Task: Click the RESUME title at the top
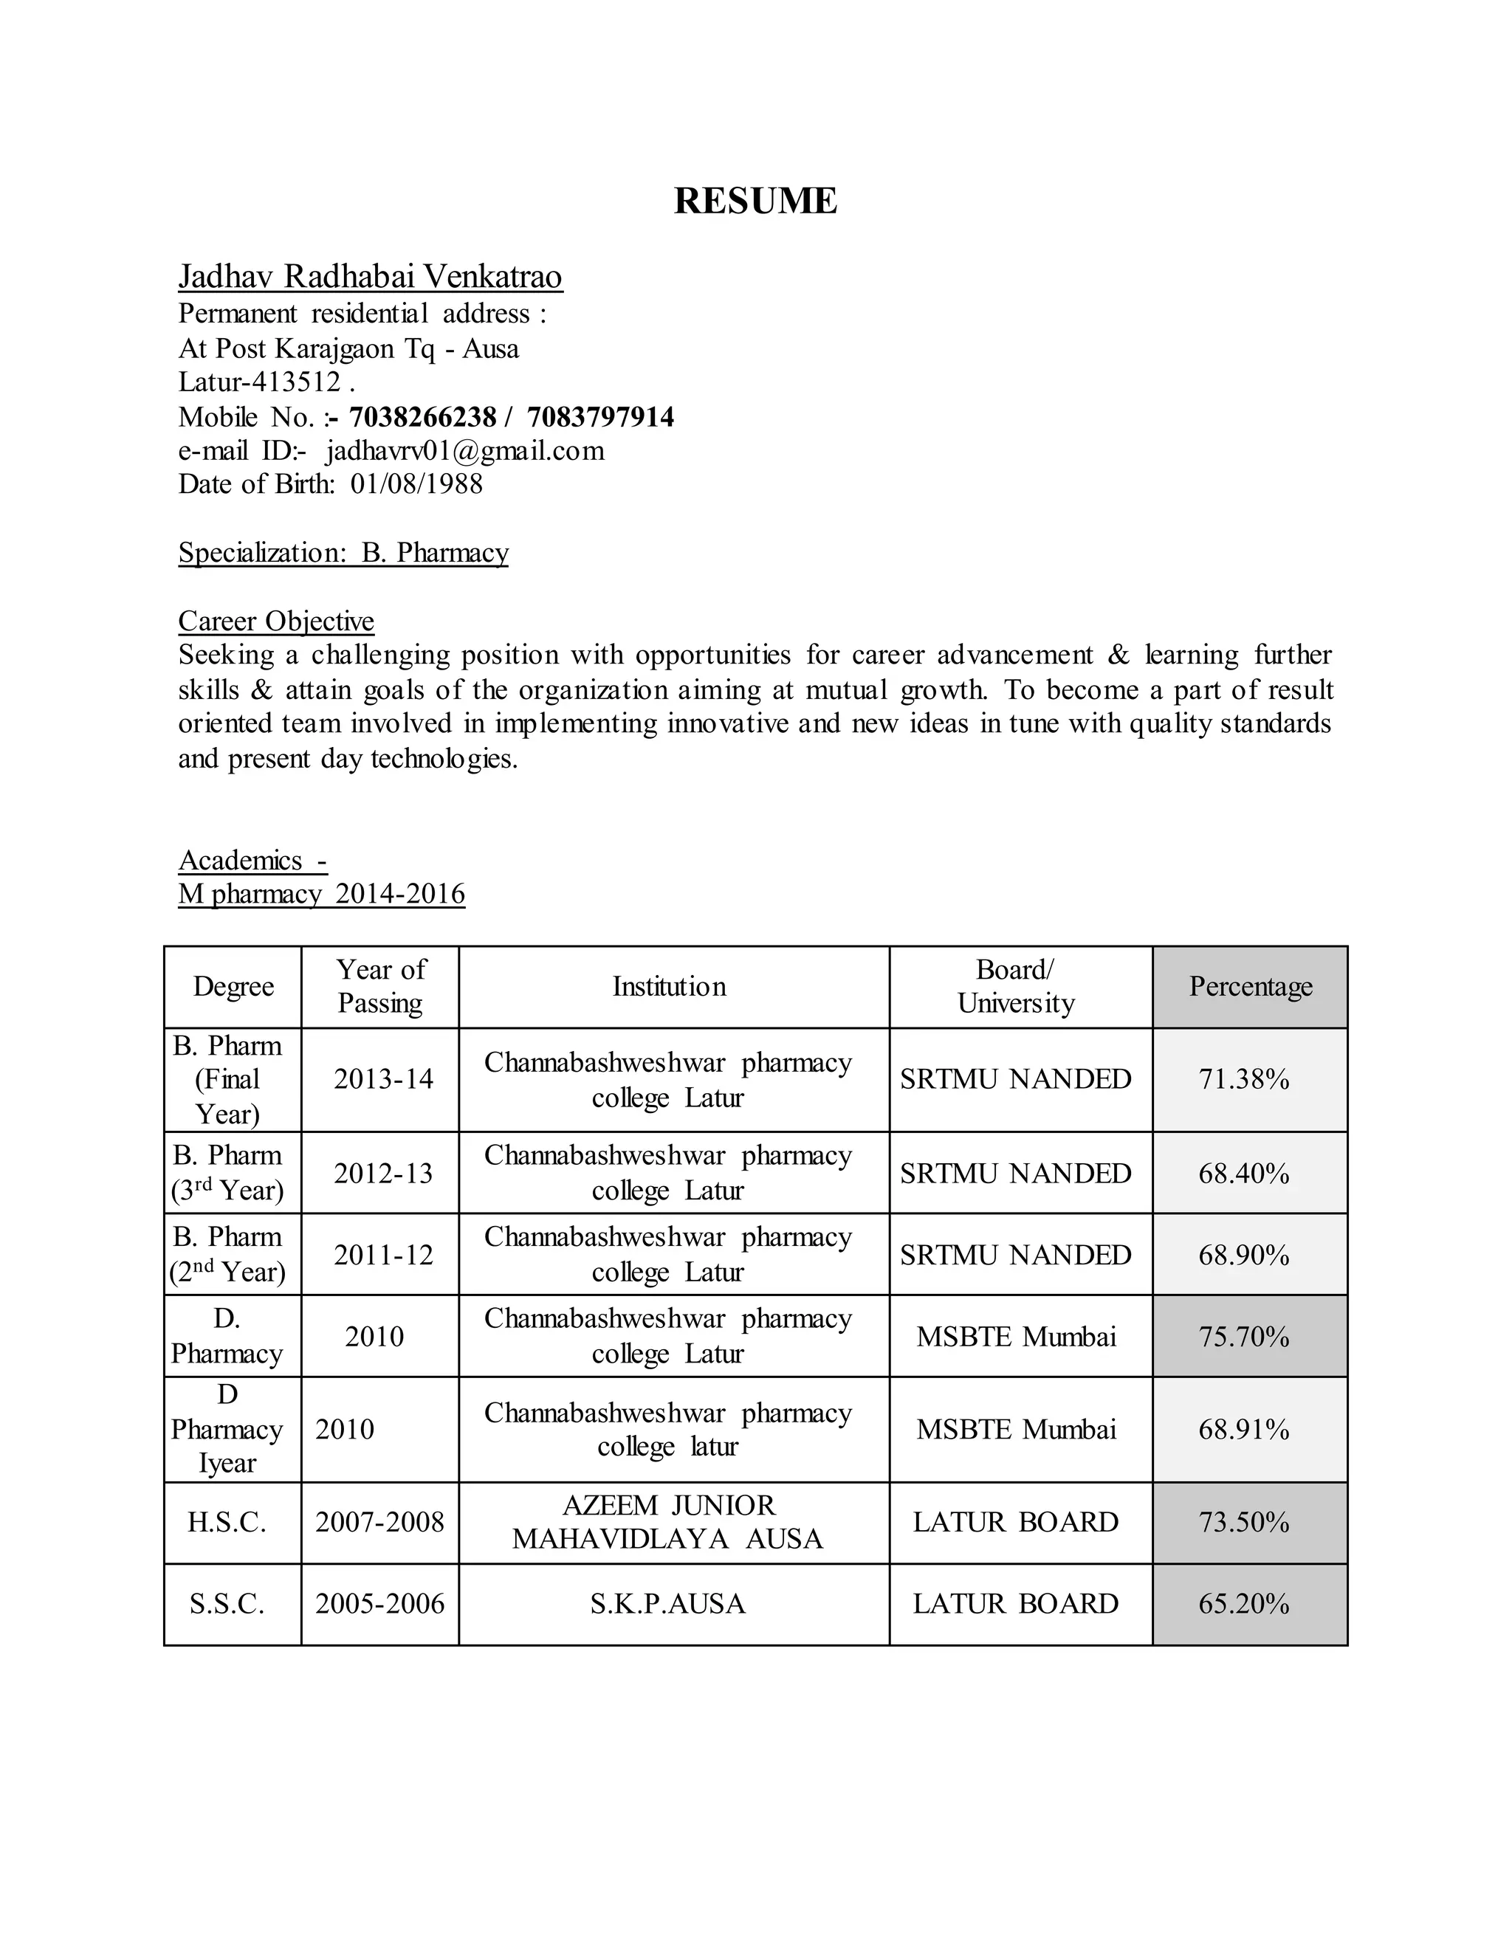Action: tap(755, 201)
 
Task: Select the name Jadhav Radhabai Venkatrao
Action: tap(370, 277)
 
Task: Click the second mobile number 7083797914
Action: tap(600, 416)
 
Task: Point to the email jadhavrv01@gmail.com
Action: tap(465, 450)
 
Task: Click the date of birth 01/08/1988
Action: tap(416, 483)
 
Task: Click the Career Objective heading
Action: tap(276, 621)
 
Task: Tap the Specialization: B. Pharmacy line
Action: tap(343, 553)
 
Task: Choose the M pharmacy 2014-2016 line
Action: tap(322, 894)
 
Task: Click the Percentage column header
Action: tap(1250, 986)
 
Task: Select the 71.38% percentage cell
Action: tap(1243, 1079)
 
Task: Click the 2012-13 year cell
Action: tap(382, 1174)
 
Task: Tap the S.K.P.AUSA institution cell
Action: tap(667, 1603)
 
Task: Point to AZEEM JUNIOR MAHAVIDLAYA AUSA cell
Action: tap(667, 1522)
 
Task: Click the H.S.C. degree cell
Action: tap(227, 1522)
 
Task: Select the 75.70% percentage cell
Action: tap(1243, 1336)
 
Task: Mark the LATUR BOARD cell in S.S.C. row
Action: tap(1015, 1603)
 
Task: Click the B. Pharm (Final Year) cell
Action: tap(227, 1079)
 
